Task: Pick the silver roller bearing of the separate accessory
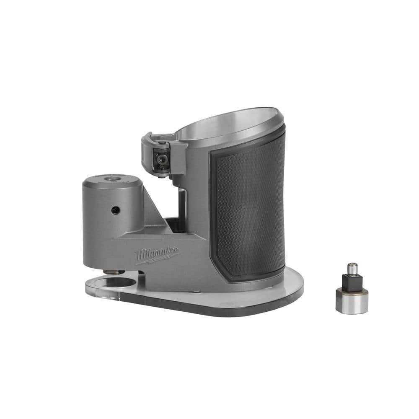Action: tap(352, 300)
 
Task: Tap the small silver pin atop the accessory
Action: tap(352, 268)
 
